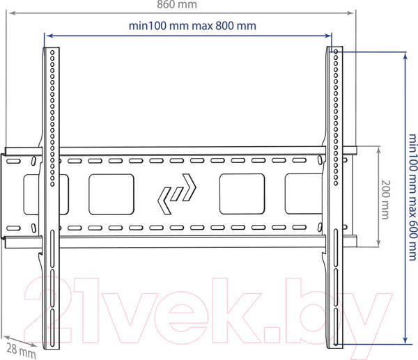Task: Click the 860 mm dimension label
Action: click(177, 4)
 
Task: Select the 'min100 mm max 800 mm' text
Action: click(192, 26)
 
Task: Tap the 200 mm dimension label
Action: click(385, 200)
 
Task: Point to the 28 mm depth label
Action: click(21, 351)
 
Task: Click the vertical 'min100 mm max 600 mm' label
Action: click(412, 197)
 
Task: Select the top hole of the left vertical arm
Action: click(52, 52)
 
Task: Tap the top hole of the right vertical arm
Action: click(336, 52)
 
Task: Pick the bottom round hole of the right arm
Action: click(336, 183)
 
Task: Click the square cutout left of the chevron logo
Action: click(111, 194)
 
